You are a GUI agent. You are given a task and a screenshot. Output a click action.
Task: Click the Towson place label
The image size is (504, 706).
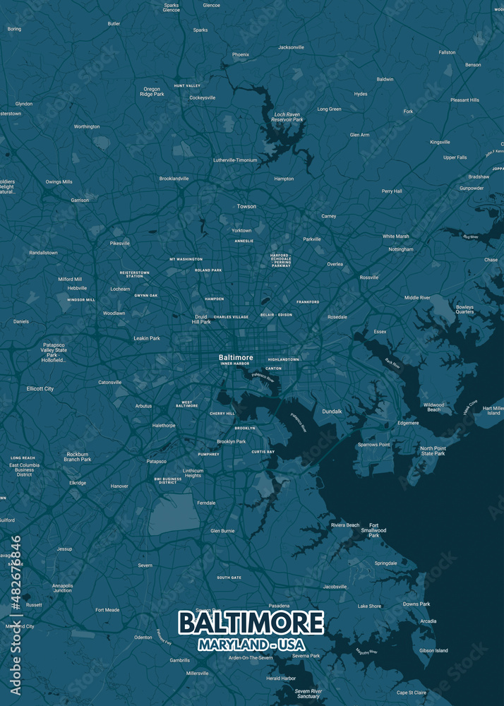246,206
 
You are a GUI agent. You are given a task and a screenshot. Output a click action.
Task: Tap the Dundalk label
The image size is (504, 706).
332,411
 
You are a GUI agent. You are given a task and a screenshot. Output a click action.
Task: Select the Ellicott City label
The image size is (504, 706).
40,388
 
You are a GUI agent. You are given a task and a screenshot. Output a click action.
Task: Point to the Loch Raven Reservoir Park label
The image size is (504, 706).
288,116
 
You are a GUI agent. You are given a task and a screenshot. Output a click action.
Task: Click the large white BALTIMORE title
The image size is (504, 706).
251,623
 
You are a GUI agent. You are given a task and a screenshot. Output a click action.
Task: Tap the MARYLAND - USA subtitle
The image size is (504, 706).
251,645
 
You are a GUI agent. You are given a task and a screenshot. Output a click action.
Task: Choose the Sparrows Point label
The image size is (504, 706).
373,445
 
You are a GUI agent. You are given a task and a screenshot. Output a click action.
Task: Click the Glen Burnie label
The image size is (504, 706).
222,530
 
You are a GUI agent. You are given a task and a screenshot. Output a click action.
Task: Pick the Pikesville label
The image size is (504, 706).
119,244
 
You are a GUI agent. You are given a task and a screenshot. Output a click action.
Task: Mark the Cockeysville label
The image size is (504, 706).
202,97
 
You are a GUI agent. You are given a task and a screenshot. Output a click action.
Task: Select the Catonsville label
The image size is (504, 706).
109,382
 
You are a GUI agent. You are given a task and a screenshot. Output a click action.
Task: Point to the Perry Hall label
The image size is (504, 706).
392,191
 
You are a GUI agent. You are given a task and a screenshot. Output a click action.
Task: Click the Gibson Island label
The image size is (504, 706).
433,650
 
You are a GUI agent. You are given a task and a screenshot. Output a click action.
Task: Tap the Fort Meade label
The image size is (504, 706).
107,609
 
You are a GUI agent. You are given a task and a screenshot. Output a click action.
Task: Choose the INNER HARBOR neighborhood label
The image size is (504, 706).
235,364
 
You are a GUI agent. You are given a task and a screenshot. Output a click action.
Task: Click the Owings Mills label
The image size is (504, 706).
59,181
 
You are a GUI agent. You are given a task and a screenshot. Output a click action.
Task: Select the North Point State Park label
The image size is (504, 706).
433,450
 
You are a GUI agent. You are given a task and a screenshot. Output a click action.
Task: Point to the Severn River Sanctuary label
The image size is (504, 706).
308,693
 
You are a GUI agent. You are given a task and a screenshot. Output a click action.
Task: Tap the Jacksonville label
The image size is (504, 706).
291,47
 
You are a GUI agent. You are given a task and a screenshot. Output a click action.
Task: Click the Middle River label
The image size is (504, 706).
417,298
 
